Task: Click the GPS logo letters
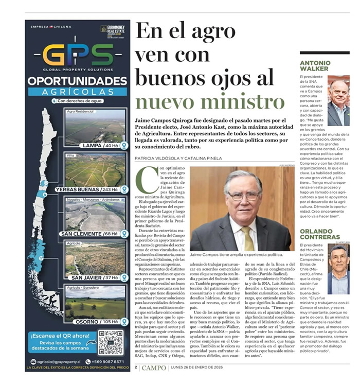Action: coord(78,54)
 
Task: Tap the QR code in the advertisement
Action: coord(111,342)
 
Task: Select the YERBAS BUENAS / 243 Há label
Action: coord(87,189)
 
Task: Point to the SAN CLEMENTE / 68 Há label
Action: coord(89,234)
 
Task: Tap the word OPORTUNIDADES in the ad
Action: coord(77,81)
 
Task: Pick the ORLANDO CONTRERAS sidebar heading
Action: coord(318,234)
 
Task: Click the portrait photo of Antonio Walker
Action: coord(338,101)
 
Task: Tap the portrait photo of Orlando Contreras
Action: coord(338,268)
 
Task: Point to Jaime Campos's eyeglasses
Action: coord(243,196)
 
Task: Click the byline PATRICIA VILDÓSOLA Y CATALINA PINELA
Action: coord(185,158)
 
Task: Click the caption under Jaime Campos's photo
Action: coord(236,254)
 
